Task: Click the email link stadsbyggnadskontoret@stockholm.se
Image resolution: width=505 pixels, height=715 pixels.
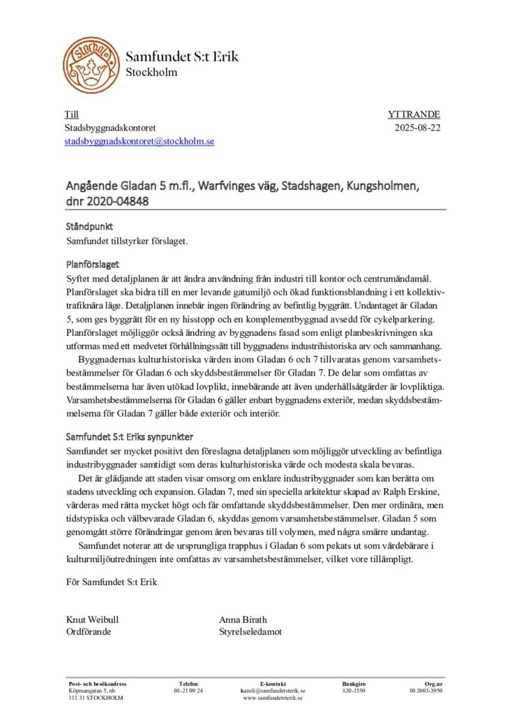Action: [x=140, y=141]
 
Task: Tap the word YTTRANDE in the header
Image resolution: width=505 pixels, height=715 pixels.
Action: [x=414, y=115]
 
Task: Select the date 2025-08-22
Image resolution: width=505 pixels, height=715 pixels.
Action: [x=418, y=128]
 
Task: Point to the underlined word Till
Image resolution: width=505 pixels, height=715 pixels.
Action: [x=71, y=115]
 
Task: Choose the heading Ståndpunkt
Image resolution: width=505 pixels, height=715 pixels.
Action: [x=89, y=228]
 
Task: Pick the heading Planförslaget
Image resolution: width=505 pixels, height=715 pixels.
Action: [x=92, y=265]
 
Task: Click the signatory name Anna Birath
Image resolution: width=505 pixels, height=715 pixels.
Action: [x=243, y=619]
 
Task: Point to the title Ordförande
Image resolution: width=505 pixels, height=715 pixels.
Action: [x=88, y=632]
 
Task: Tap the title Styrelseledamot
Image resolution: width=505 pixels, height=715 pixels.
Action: [x=250, y=632]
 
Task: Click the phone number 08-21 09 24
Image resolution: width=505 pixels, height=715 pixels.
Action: [x=188, y=690]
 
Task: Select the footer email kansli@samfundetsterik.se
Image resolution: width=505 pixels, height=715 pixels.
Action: [x=273, y=690]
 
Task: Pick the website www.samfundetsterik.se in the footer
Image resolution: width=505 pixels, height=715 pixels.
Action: [x=273, y=698]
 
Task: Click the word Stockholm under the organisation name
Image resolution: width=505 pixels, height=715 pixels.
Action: [x=151, y=73]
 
